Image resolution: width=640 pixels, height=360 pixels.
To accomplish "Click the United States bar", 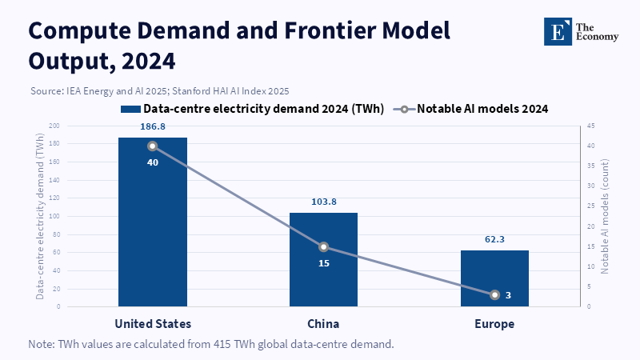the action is (x=153, y=222).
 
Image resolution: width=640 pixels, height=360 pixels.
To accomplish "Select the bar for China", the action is (x=324, y=259).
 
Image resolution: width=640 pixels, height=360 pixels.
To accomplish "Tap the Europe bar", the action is (x=494, y=278).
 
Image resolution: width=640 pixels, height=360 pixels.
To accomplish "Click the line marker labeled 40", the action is (x=153, y=146).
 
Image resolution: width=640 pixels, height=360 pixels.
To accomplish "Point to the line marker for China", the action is (x=324, y=247).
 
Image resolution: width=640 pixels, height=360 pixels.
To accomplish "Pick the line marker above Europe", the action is (x=494, y=294).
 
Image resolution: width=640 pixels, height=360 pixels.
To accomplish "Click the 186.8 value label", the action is (x=153, y=126).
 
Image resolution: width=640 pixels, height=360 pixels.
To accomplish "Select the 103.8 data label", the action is (x=324, y=202).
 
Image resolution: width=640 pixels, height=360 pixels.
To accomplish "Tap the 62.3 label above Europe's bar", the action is (x=494, y=239).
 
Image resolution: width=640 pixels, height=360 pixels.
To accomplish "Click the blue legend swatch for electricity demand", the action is (x=130, y=109).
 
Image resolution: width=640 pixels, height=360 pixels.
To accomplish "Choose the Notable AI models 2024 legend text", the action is (x=482, y=109).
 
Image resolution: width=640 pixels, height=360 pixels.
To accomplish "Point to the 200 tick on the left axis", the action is (x=54, y=126).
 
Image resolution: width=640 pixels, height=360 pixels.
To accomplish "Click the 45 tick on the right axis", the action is (x=590, y=126).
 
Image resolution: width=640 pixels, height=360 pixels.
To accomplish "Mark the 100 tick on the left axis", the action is (x=54, y=216).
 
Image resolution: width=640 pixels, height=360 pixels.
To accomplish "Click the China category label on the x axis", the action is (x=323, y=324).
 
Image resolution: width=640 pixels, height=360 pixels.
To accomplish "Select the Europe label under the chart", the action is (x=494, y=324).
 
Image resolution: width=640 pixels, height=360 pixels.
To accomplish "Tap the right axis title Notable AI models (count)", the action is (x=605, y=216).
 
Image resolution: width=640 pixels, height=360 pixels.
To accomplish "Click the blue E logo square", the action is (x=558, y=31).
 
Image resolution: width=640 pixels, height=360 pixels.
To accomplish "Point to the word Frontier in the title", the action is (x=330, y=30).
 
